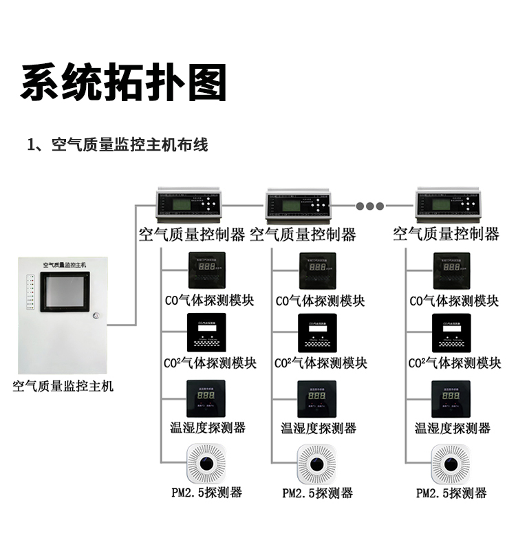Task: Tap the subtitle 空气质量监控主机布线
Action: click(117, 145)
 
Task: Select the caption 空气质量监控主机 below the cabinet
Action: click(63, 386)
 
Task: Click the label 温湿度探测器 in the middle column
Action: click(319, 428)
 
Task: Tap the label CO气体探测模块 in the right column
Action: click(454, 301)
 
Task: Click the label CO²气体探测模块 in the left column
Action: click(211, 363)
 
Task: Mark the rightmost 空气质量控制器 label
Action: click(446, 234)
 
